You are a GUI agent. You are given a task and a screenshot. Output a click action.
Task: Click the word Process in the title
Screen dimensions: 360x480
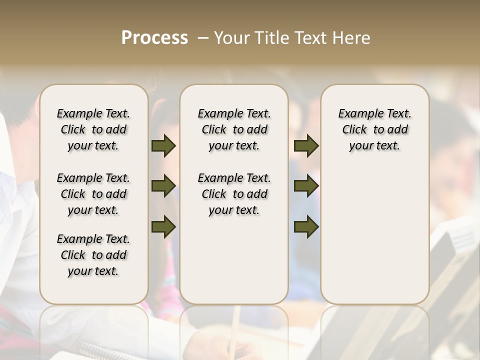(x=154, y=38)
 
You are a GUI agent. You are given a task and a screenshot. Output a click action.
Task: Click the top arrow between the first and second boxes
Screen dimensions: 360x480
(x=163, y=145)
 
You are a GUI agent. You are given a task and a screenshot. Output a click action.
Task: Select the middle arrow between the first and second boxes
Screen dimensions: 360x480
(x=163, y=186)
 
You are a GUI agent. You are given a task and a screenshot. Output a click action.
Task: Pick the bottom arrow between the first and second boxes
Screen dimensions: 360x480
(x=163, y=226)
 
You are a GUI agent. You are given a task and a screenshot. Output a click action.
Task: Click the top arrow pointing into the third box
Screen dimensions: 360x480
(x=306, y=145)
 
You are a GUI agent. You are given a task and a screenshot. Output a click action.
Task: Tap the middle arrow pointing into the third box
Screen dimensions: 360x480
(x=306, y=186)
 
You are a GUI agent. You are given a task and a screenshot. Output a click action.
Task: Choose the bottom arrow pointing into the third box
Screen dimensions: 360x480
(x=306, y=226)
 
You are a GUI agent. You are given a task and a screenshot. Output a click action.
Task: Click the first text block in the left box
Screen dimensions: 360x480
(x=93, y=129)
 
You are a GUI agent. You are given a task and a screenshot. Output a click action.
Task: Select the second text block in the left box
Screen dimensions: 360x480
(x=93, y=194)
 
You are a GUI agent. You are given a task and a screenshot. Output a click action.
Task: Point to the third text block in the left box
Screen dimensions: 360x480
(x=93, y=255)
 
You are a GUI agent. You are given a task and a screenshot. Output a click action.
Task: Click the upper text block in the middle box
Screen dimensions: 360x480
(x=234, y=129)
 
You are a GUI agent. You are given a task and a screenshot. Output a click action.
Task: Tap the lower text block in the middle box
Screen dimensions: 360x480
(x=234, y=194)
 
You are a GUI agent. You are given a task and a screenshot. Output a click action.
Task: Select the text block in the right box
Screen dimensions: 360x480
(x=374, y=129)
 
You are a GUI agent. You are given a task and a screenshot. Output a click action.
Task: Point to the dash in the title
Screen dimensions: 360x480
(x=203, y=38)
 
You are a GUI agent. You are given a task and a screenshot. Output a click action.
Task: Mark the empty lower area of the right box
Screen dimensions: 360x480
(x=374, y=235)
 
